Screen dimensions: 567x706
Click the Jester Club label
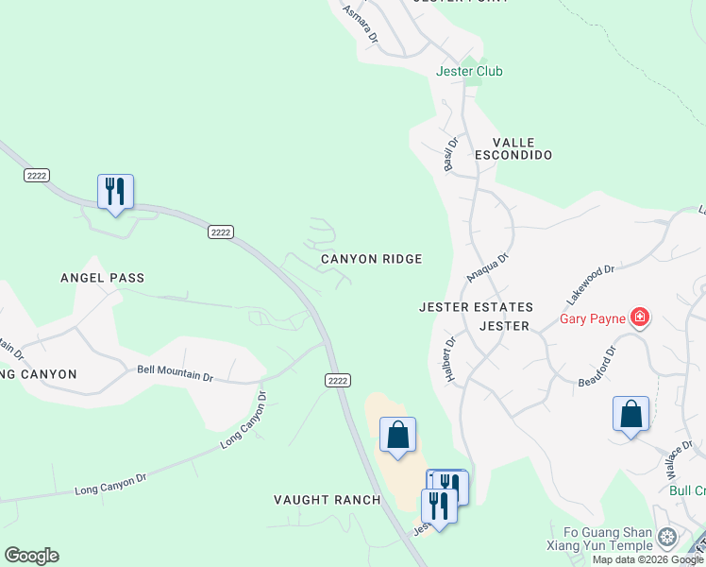(x=469, y=71)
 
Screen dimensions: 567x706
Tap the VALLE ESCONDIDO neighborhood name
(x=513, y=147)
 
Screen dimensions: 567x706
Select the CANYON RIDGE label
(x=371, y=258)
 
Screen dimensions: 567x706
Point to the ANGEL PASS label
(x=103, y=278)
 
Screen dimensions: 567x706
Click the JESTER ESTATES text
(x=477, y=307)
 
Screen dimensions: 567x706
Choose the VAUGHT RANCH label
(x=328, y=500)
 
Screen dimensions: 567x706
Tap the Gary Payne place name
(x=593, y=318)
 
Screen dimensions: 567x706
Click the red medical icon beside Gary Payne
(x=641, y=318)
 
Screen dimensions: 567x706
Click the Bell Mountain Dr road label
(x=175, y=374)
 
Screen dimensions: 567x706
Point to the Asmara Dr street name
(x=360, y=25)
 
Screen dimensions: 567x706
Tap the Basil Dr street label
(x=451, y=154)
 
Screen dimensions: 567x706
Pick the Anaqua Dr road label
(x=488, y=266)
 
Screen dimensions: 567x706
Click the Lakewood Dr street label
(x=590, y=283)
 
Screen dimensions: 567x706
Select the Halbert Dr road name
(x=450, y=358)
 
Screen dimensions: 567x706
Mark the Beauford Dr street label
(x=597, y=366)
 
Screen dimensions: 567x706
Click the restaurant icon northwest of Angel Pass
(x=115, y=191)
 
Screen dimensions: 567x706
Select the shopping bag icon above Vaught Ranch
(x=398, y=436)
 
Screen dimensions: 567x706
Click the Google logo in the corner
(x=31, y=556)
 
